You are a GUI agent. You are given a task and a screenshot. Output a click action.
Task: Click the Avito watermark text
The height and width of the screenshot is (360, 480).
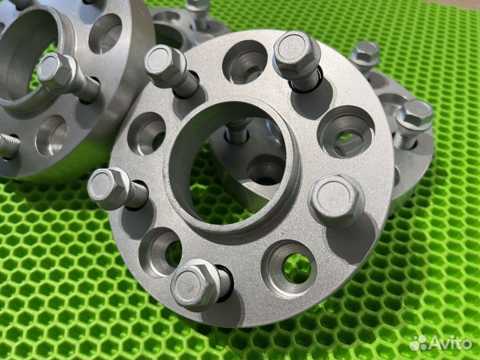(x=450, y=343)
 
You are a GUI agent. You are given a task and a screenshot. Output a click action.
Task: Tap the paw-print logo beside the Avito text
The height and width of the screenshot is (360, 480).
(x=418, y=343)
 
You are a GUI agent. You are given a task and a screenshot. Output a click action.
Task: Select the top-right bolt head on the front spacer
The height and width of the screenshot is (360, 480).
(x=295, y=52)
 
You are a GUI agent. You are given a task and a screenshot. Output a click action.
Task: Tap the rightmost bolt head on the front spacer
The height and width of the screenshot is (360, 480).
(x=336, y=201)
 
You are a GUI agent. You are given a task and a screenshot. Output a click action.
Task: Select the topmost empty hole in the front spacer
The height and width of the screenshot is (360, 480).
(x=245, y=62)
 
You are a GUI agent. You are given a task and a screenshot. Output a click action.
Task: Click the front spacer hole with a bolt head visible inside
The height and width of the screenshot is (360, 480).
(x=346, y=131)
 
